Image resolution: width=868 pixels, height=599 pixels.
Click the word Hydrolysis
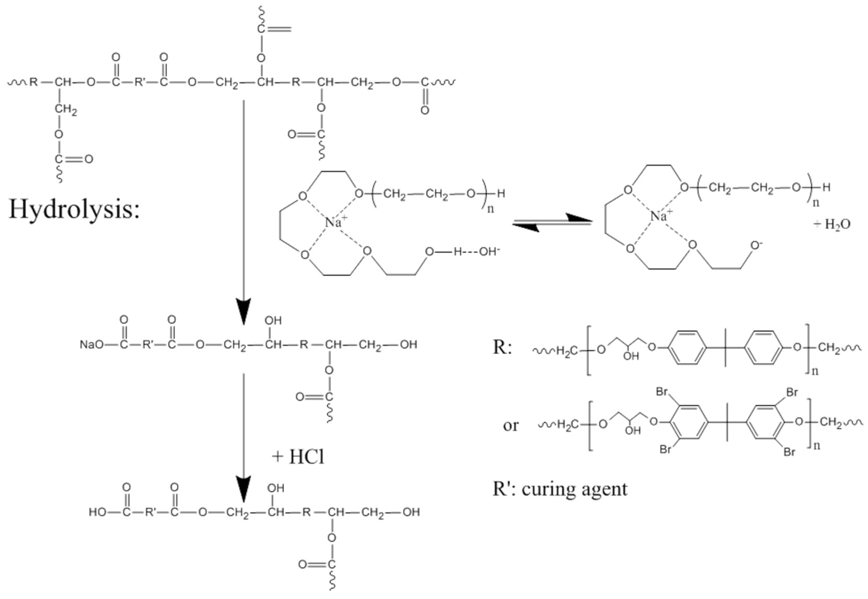tap(74, 209)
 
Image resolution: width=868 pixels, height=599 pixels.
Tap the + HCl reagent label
tap(298, 457)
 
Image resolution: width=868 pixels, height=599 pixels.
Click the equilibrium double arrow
tap(552, 223)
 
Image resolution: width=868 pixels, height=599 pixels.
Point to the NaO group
tap(91, 345)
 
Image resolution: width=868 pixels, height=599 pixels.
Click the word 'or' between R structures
tap(510, 425)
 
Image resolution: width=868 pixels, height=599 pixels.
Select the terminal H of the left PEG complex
tap(501, 194)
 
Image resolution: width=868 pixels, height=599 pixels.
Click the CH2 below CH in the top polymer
tap(66, 109)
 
